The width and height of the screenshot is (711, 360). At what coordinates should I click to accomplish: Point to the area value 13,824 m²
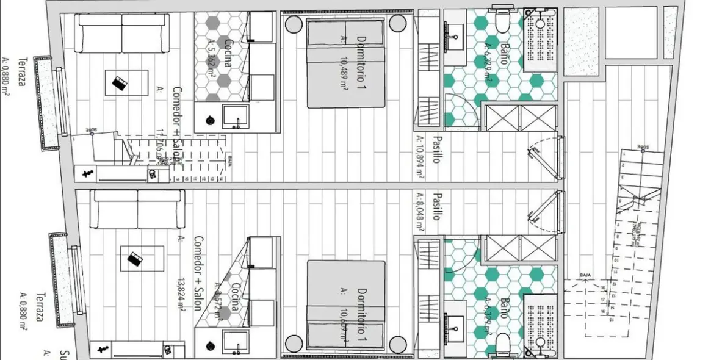point(181,293)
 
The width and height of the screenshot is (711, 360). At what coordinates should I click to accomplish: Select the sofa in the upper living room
point(122,32)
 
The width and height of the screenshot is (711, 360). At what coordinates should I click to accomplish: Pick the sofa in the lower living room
point(137,209)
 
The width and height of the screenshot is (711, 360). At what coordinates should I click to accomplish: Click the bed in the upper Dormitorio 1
point(345,64)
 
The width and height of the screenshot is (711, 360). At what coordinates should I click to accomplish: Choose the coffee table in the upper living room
point(126,82)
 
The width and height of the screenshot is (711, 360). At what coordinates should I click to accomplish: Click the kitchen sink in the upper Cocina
point(235,115)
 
